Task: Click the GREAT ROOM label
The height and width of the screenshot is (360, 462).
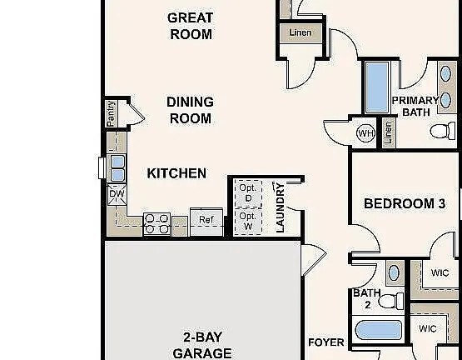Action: (x=191, y=26)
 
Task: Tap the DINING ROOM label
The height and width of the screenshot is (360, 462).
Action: (x=191, y=110)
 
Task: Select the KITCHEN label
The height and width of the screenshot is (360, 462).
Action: (x=176, y=173)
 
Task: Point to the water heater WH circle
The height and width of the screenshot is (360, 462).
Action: (x=365, y=133)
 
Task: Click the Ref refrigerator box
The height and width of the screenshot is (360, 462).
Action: (x=206, y=222)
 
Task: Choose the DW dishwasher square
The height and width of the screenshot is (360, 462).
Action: (x=117, y=194)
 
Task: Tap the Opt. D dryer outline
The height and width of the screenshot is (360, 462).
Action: (x=248, y=193)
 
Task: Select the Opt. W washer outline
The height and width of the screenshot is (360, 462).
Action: (x=248, y=222)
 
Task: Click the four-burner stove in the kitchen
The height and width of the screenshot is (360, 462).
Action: (x=156, y=224)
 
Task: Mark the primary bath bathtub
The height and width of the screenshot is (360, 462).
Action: (x=377, y=87)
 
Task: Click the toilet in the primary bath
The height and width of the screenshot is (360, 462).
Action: (x=443, y=130)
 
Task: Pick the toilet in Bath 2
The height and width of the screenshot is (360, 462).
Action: (x=390, y=301)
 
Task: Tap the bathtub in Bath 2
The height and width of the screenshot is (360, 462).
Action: (x=378, y=330)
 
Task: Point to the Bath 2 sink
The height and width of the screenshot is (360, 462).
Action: (x=394, y=273)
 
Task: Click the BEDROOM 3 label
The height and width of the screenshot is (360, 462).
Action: (x=405, y=203)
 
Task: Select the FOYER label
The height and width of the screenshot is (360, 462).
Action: (x=326, y=342)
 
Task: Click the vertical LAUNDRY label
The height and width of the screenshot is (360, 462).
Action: (x=280, y=207)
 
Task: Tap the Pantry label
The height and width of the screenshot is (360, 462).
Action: (x=111, y=113)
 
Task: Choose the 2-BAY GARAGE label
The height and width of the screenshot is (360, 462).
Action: (x=202, y=345)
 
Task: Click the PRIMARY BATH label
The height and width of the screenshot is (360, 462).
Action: (x=415, y=106)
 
